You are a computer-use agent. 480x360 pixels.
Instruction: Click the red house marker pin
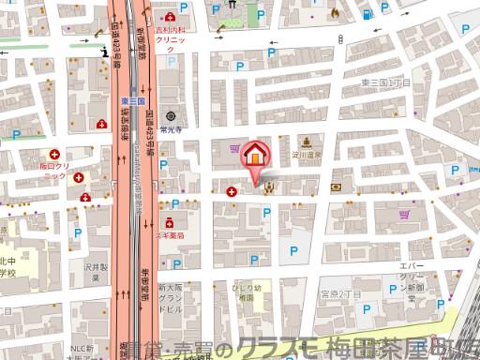tap(253, 157)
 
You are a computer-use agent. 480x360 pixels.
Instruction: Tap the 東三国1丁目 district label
tap(386, 83)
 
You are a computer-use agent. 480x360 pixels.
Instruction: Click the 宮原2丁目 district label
tap(341, 294)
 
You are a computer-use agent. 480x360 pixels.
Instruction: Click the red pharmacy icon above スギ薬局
tap(170, 223)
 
